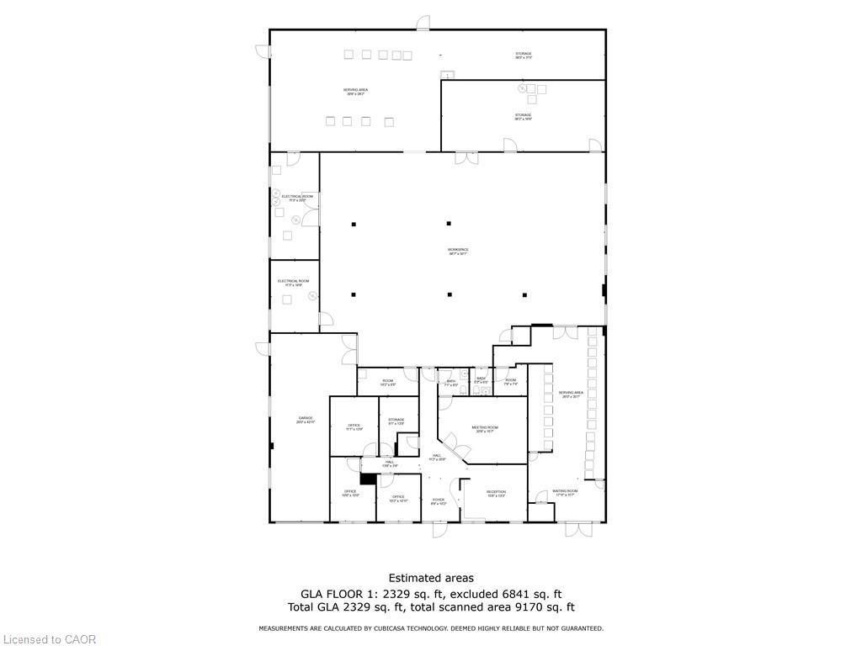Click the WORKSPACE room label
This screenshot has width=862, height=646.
(x=458, y=250)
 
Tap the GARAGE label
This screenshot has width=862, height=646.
(x=306, y=420)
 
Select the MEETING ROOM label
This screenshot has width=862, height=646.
(x=485, y=427)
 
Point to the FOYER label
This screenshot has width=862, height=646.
(x=439, y=500)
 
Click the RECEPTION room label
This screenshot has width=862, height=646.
(x=496, y=493)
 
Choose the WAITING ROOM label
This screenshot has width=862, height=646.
(x=565, y=491)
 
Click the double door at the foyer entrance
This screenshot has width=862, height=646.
(x=440, y=529)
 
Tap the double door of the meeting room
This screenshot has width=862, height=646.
(x=451, y=443)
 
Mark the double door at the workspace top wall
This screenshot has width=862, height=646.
(x=466, y=157)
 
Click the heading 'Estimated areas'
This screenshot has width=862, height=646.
(x=431, y=578)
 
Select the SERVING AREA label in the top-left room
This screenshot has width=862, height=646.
(x=355, y=90)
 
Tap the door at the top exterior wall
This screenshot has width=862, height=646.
(x=423, y=23)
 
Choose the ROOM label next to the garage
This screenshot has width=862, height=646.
(x=387, y=381)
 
